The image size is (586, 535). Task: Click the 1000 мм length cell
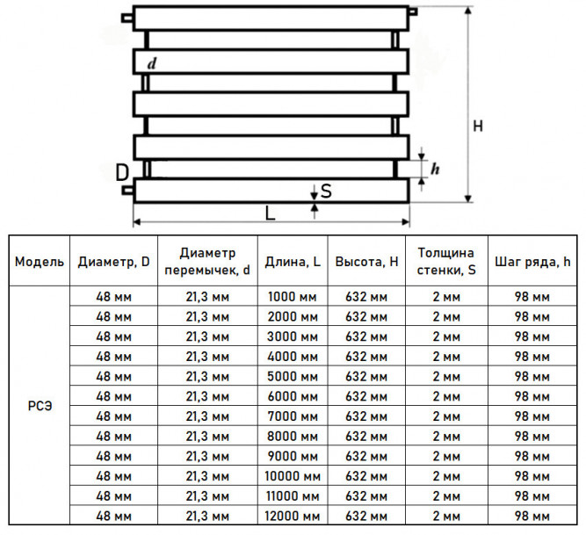pos(293,297)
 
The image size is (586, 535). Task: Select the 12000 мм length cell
pos(293,516)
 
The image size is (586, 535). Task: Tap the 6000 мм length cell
pos(293,396)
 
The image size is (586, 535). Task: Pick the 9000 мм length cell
pos(293,456)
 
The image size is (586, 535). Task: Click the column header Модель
pos(40,262)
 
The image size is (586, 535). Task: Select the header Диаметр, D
pos(113,262)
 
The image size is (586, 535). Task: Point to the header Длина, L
pos(293,262)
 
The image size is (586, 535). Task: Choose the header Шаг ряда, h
pos(532,262)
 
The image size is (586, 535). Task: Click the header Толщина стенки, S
pos(446,261)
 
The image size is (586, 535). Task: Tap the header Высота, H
pos(366,262)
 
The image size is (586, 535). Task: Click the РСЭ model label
pos(40,406)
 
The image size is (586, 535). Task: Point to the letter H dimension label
pos(478,126)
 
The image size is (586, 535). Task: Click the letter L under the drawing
pos(270,213)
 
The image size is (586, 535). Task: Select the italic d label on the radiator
pos(151,63)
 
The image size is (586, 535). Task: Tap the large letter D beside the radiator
pos(122,172)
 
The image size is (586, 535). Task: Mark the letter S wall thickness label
pos(326,191)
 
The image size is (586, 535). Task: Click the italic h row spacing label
pos(435,169)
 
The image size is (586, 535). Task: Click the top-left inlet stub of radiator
pos(127,18)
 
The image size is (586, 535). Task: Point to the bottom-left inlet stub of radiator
pos(127,190)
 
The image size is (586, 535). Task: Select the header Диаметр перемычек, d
pos(207,261)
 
